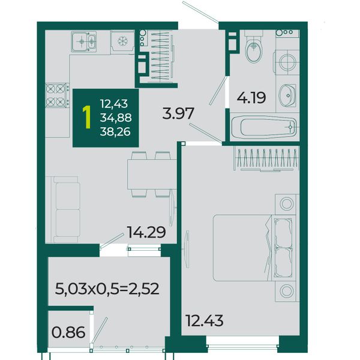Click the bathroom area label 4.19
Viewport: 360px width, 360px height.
coord(251,98)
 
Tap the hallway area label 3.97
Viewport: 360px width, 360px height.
coord(178,113)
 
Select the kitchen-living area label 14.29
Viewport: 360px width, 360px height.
coord(146,232)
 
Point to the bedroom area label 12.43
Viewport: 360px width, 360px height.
coord(204,320)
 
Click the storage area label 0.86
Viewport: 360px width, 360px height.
coord(68,332)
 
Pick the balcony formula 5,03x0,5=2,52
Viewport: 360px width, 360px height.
coord(107,289)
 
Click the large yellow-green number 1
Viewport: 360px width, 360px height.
coord(87,118)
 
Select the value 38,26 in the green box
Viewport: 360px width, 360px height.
coord(115,131)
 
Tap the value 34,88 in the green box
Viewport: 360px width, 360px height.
coord(116,118)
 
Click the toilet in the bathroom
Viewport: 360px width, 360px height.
coord(253,47)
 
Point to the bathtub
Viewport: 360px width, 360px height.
coord(264,127)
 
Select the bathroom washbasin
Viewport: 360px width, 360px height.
coord(287,95)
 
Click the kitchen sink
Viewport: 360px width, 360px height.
coord(83,42)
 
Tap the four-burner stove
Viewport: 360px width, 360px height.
coord(57,95)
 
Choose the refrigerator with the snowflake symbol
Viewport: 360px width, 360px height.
coord(122,42)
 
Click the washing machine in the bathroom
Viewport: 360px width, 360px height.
coord(287,62)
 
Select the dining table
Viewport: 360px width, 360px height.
coord(152,174)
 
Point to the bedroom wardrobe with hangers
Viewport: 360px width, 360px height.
coord(266,159)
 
